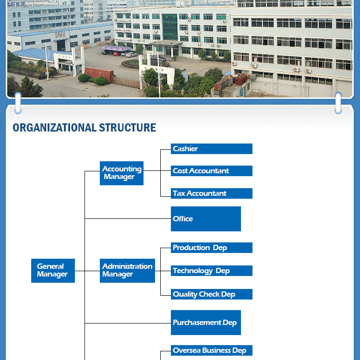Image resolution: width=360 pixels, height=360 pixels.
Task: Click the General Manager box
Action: [x=53, y=271]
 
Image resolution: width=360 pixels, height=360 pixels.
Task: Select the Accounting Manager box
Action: [x=122, y=173]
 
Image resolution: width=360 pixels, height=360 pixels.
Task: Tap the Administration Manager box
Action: [x=128, y=271]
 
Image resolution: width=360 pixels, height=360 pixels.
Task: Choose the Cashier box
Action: [x=212, y=149]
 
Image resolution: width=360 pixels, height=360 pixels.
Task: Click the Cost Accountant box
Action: [x=212, y=171]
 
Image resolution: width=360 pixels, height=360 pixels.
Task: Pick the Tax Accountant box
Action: [x=212, y=193]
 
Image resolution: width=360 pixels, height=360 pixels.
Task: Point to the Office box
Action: [x=206, y=219]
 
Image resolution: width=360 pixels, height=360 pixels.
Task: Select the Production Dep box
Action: [x=212, y=248]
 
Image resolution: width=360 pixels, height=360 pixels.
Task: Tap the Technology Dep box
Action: [x=212, y=271]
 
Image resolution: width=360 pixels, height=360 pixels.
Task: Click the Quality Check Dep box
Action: [x=212, y=294]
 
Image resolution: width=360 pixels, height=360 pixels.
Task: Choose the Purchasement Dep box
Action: [x=206, y=323]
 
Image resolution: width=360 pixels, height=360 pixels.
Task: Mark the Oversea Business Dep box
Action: [x=212, y=350]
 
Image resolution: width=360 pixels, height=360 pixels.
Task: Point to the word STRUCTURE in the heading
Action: [x=127, y=128]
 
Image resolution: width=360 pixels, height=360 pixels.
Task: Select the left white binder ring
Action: [x=18, y=103]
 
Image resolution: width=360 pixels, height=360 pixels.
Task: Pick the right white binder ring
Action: [x=338, y=103]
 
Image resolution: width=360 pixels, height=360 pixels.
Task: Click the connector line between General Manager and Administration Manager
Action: [x=87, y=271]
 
